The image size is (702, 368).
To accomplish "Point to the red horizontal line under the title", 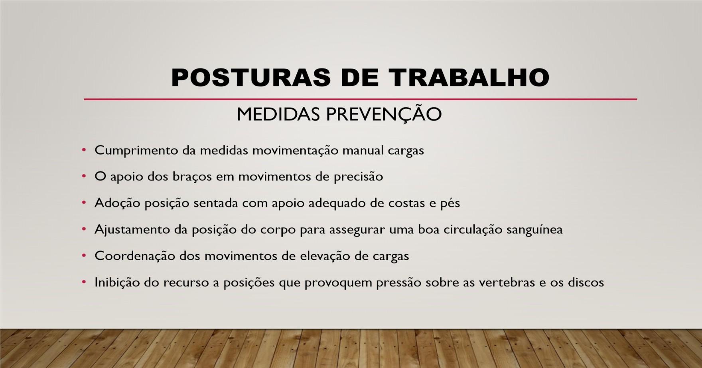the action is click(361, 99).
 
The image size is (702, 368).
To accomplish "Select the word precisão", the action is click(358, 177).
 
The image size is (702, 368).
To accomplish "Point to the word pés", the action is click(450, 203).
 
